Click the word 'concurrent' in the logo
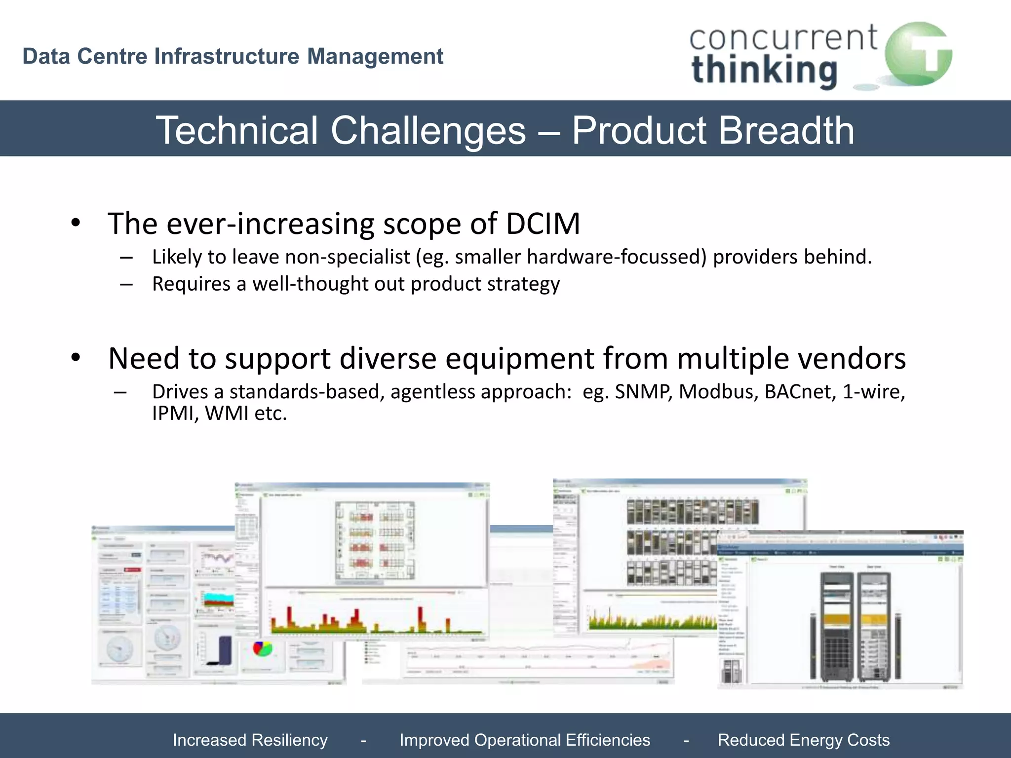(x=783, y=38)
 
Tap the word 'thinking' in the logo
(x=765, y=71)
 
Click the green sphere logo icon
(x=918, y=54)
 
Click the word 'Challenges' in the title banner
(x=428, y=130)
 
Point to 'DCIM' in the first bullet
(x=543, y=224)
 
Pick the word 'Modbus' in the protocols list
(x=718, y=392)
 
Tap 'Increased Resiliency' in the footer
(x=250, y=740)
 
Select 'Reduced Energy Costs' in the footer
(x=804, y=740)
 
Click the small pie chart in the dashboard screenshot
(x=262, y=648)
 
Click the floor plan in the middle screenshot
(x=375, y=540)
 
